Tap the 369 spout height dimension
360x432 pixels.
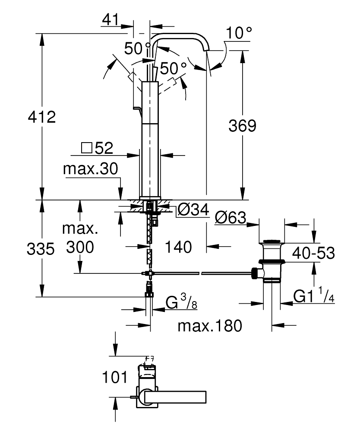(x=242, y=126)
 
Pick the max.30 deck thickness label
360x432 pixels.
(x=90, y=169)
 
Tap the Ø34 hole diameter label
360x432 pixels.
(x=193, y=210)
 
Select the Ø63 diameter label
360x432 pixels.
(x=230, y=218)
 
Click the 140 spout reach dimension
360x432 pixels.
(x=178, y=247)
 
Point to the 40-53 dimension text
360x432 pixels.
(x=313, y=253)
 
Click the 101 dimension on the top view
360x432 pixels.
(x=115, y=377)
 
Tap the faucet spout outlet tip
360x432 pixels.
(x=207, y=51)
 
